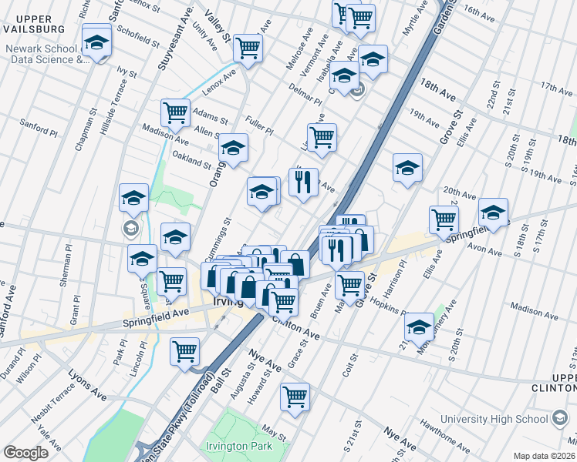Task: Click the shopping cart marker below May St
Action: (295, 397)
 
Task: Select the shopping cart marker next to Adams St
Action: (176, 112)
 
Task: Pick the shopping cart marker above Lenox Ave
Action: (248, 48)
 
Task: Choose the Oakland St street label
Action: (191, 160)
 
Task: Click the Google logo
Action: (25, 453)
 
